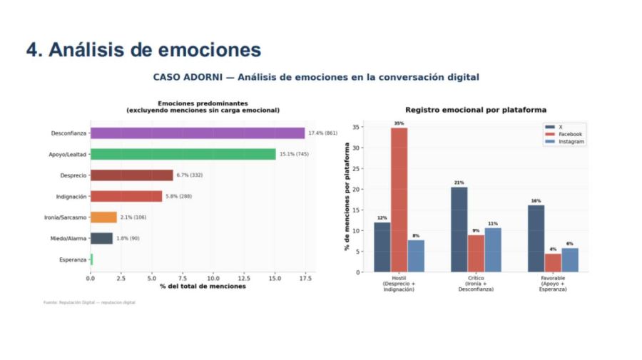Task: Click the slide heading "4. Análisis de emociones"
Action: click(143, 49)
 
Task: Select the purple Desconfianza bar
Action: click(198, 133)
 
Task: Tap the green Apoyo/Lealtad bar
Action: click(183, 154)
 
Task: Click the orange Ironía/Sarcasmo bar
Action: click(103, 217)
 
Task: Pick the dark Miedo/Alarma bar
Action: click(101, 238)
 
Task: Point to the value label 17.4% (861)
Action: click(322, 133)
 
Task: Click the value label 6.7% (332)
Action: click(191, 175)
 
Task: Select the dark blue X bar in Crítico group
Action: click(459, 229)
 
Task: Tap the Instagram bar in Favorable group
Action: click(569, 259)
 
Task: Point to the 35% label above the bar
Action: click(399, 123)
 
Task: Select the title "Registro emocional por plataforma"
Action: click(476, 110)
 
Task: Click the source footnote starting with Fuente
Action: click(89, 302)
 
